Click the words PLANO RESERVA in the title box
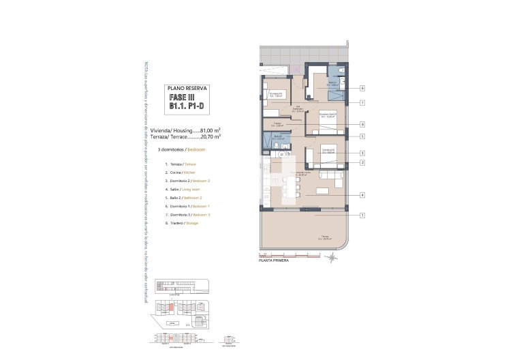coord(187,89)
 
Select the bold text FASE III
coord(187,98)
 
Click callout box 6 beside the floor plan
coord(362,88)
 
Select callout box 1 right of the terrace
coord(362,215)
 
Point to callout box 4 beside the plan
coord(362,196)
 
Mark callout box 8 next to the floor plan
coord(362,124)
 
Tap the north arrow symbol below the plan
coord(330,258)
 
